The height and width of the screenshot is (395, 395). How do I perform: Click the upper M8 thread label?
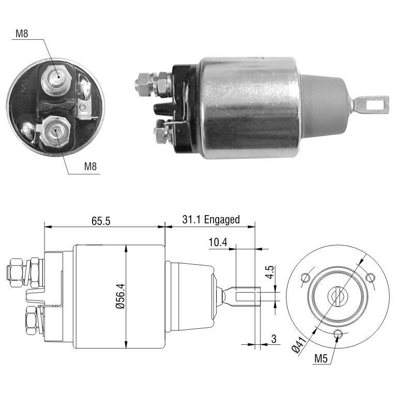pyautogui.click(x=22, y=34)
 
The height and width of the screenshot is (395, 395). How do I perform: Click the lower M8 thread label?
pyautogui.click(x=90, y=166)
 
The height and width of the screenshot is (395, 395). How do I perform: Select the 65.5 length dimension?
pyautogui.click(x=101, y=221)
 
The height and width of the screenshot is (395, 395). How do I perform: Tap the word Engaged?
pyautogui.click(x=222, y=220)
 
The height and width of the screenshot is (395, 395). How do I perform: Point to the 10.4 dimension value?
pyautogui.click(x=218, y=242)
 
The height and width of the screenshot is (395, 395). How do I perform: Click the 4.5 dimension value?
pyautogui.click(x=270, y=272)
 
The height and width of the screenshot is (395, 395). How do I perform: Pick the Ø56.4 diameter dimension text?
pyautogui.click(x=120, y=296)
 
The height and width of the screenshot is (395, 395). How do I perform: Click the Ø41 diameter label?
pyautogui.click(x=299, y=345)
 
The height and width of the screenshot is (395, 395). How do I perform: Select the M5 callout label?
pyautogui.click(x=321, y=358)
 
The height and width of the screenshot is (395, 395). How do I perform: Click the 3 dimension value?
pyautogui.click(x=274, y=339)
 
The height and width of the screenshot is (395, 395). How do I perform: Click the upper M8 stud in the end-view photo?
pyautogui.click(x=56, y=79)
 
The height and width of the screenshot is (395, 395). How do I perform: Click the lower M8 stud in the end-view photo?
pyautogui.click(x=55, y=131)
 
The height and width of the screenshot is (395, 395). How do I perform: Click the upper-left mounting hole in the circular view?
pyautogui.click(x=306, y=278)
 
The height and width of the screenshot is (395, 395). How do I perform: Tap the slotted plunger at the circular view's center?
pyautogui.click(x=337, y=296)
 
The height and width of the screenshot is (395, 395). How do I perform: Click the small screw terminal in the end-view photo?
pyautogui.click(x=83, y=108)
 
